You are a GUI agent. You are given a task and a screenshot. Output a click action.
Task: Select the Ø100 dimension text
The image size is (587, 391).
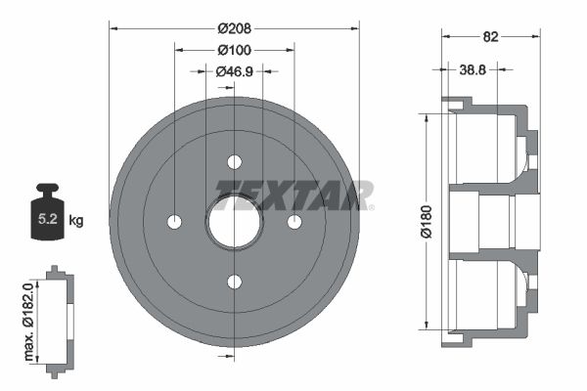pos(235,49)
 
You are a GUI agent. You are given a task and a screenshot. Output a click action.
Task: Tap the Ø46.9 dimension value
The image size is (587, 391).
pos(235,71)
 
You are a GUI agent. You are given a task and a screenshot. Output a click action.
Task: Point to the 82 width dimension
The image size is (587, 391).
pos(491,37)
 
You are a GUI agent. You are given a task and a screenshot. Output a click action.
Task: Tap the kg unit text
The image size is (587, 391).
pos(76,221)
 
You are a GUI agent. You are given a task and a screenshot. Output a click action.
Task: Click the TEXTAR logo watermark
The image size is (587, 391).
pos(293,194)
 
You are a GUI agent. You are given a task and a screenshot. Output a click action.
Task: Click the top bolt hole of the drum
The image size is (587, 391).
pos(235,162)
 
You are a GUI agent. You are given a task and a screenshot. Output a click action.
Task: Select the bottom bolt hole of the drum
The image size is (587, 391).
pos(235,282)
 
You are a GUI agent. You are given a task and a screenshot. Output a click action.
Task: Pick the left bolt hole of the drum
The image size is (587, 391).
pos(175,222)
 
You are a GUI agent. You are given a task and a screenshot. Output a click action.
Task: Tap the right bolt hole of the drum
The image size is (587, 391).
pos(294,222)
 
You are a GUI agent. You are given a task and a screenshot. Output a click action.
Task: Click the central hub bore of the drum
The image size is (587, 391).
pos(235,222)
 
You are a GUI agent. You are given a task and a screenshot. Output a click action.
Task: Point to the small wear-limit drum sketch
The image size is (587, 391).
pos(59,319)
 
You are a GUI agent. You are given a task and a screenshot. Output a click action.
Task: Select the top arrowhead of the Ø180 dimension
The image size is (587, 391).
pos(427,116)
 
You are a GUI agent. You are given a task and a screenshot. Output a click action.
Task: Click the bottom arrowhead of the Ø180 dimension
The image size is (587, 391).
pos(427,328)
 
